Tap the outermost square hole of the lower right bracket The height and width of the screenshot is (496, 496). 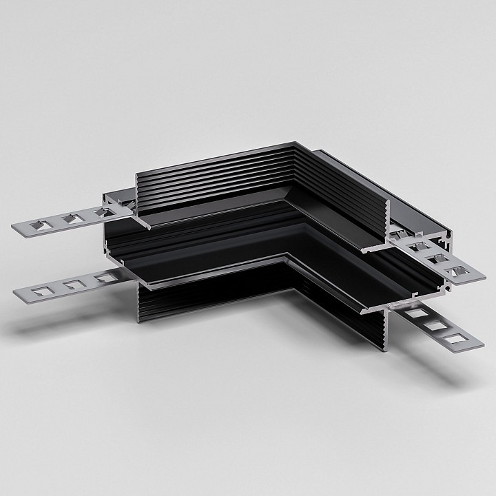point(455,338)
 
